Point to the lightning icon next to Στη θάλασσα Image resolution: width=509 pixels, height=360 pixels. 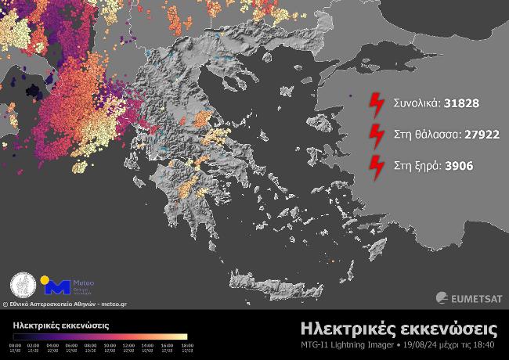[x=377, y=135]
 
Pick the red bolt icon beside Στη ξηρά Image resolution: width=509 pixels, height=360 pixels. [x=377, y=166]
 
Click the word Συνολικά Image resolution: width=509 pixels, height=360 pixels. [x=417, y=103]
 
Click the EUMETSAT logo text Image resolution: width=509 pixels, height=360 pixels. [x=475, y=297]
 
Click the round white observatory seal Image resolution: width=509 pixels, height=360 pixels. [x=22, y=286]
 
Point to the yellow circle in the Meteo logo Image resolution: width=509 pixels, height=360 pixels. [x=45, y=279]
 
